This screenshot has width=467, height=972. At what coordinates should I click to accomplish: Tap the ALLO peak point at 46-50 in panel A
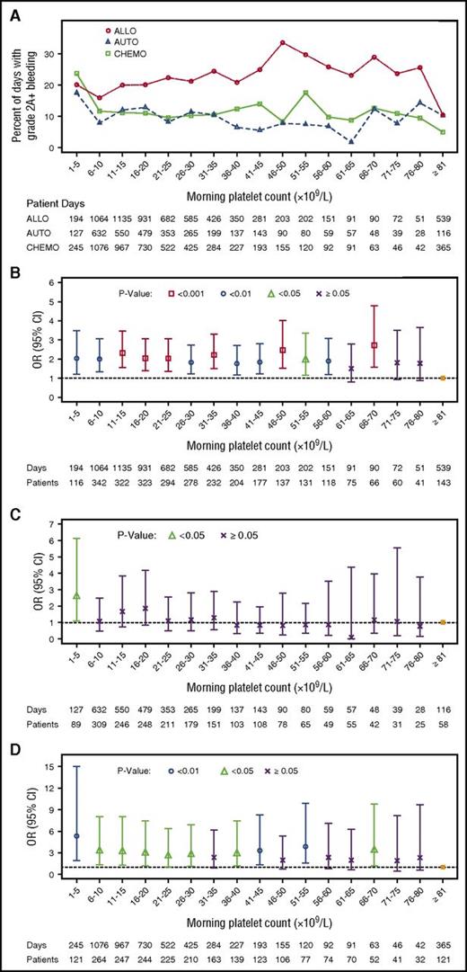click(283, 42)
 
